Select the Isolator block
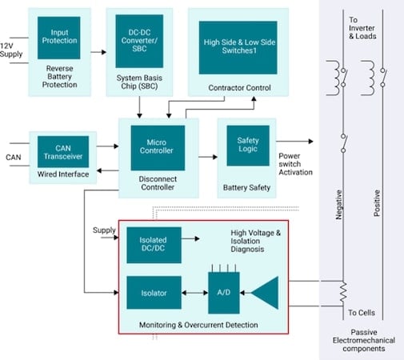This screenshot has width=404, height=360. tap(154, 292)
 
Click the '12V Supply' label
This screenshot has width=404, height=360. tap(12, 49)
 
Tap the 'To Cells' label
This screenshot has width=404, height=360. tap(362, 312)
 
